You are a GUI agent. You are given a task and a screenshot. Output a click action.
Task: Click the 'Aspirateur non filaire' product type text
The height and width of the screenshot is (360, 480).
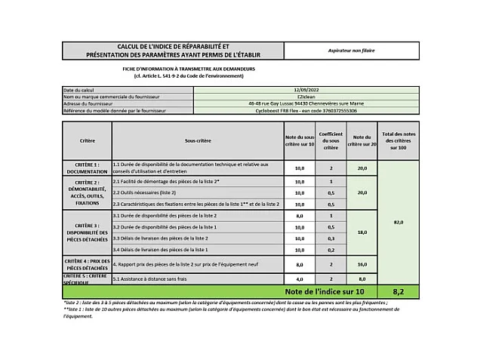(351, 51)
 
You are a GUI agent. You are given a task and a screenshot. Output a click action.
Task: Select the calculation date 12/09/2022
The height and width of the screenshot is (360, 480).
(306, 90)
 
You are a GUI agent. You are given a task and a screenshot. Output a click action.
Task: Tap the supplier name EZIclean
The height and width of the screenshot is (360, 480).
(306, 97)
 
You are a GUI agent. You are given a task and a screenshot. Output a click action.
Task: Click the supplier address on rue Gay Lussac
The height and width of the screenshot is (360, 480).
(306, 103)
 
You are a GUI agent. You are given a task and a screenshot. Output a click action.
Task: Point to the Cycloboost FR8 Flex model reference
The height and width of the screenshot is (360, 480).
(306, 111)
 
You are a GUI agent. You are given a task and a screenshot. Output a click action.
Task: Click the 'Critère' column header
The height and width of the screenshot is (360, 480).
(87, 141)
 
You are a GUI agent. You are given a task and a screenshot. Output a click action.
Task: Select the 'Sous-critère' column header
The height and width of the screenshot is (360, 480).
(198, 141)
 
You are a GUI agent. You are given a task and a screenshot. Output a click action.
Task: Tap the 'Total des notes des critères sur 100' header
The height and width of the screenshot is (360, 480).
(398, 141)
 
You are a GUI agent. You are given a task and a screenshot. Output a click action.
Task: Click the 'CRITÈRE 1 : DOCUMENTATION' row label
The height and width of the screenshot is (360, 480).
(87, 168)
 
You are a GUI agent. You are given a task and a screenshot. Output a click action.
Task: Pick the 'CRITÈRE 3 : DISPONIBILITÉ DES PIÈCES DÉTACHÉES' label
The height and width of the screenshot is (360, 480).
(87, 232)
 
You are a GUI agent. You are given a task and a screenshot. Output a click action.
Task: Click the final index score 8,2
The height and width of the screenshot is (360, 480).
(398, 291)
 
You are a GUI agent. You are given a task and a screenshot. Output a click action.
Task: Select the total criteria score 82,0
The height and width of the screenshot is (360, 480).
(398, 222)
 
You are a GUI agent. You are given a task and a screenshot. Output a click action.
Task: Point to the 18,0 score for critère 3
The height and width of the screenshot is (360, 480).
(362, 232)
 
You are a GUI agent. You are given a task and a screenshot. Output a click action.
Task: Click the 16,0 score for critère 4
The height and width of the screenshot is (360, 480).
(362, 264)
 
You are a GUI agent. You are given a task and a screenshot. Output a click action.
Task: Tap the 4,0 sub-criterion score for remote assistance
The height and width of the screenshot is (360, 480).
(300, 278)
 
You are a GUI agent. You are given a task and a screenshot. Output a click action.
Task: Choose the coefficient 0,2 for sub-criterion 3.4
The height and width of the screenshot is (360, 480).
(331, 249)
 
